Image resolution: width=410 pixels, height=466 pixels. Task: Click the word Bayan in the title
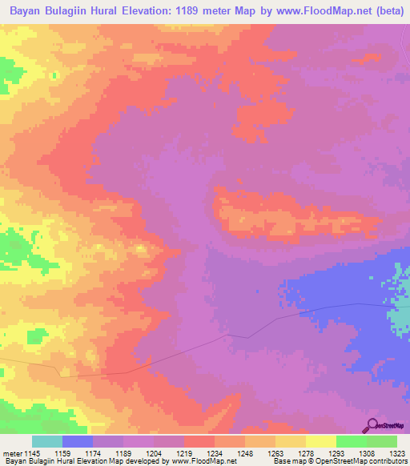pos(29,10)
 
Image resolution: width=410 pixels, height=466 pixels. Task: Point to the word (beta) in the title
pos(384,10)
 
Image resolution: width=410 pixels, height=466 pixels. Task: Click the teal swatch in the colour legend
pos(47,441)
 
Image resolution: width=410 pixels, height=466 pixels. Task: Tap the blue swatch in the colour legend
pos(78,441)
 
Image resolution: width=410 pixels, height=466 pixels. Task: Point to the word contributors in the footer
pos(387,461)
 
